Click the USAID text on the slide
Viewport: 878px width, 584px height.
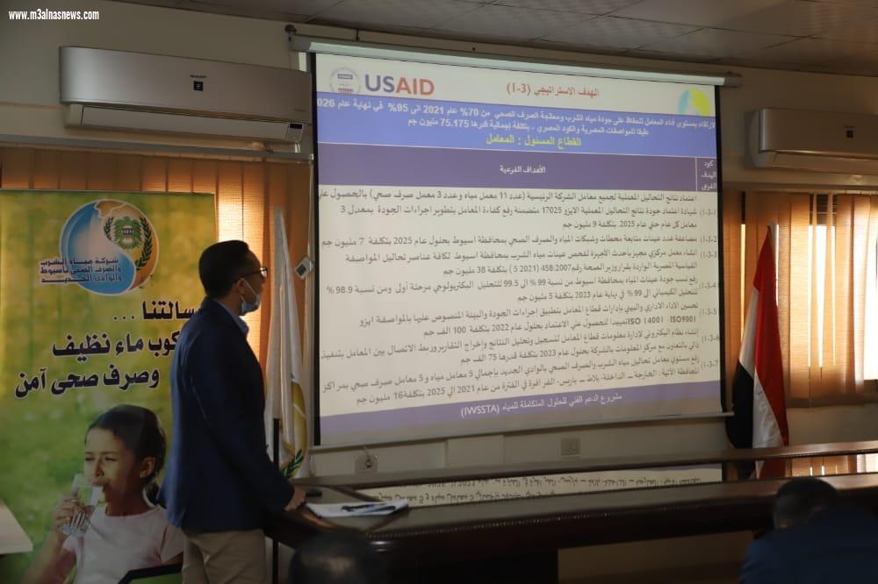pos(399,86)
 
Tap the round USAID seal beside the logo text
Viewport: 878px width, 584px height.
pos(344,82)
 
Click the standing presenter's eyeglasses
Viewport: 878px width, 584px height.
pos(255,274)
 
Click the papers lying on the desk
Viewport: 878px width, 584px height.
pos(356,508)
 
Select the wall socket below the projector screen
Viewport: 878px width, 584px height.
pos(570,446)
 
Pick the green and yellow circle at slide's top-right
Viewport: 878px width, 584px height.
pos(694,101)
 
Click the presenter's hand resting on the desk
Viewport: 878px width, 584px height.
pos(298,497)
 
